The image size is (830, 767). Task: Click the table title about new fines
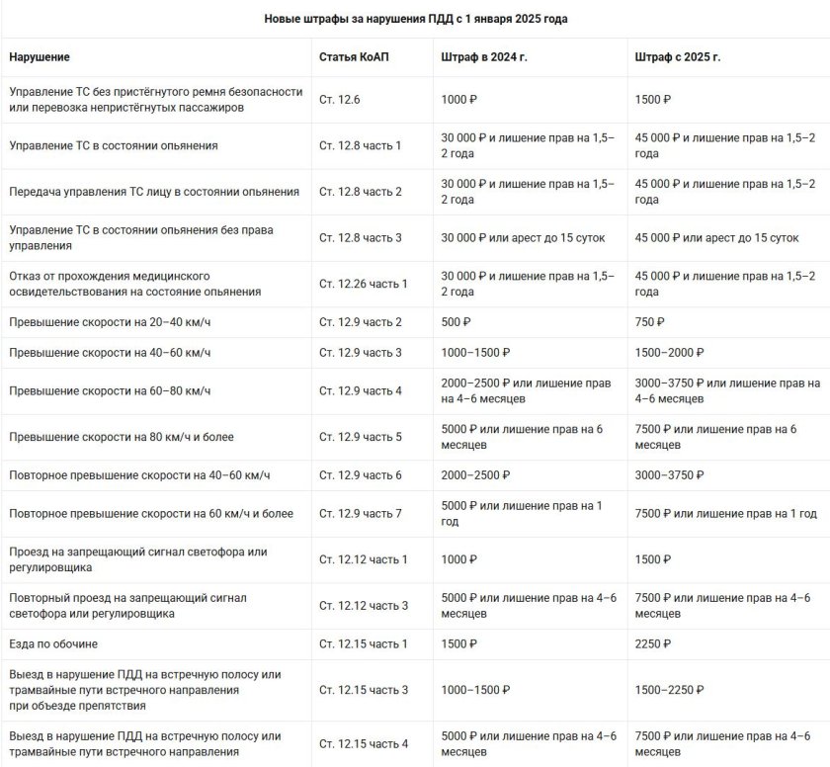click(415, 19)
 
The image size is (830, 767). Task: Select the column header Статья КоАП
click(354, 57)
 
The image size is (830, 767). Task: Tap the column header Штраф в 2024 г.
click(483, 57)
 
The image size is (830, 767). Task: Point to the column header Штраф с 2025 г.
click(677, 57)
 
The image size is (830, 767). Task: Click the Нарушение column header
click(40, 57)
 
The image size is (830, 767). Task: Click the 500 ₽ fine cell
click(456, 322)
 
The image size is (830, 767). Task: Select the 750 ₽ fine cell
click(649, 322)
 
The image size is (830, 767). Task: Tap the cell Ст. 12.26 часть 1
click(364, 284)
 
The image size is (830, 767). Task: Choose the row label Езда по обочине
click(53, 644)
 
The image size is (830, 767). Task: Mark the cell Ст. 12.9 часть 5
click(361, 436)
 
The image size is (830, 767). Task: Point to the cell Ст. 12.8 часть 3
click(361, 238)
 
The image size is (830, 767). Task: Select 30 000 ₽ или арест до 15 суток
click(523, 238)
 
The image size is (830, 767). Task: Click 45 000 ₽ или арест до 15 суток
click(716, 238)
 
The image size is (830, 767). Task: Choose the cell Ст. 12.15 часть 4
click(364, 744)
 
